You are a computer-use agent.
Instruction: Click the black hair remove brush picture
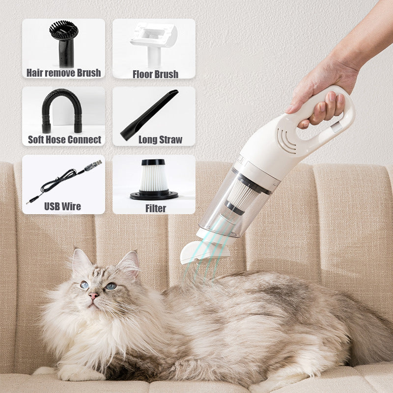[x=63, y=41]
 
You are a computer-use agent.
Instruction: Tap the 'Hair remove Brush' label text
[x=63, y=73]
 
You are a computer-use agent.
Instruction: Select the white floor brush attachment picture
[x=153, y=41]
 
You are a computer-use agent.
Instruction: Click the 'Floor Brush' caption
[x=155, y=74]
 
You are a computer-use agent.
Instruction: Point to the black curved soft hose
[x=61, y=111]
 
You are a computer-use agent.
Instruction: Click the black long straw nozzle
[x=149, y=115]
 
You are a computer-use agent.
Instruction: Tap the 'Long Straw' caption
[x=160, y=140]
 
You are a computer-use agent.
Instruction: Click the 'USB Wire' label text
[x=63, y=206]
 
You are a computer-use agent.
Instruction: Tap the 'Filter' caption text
[x=155, y=208]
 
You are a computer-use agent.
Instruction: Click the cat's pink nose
[x=93, y=296]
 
